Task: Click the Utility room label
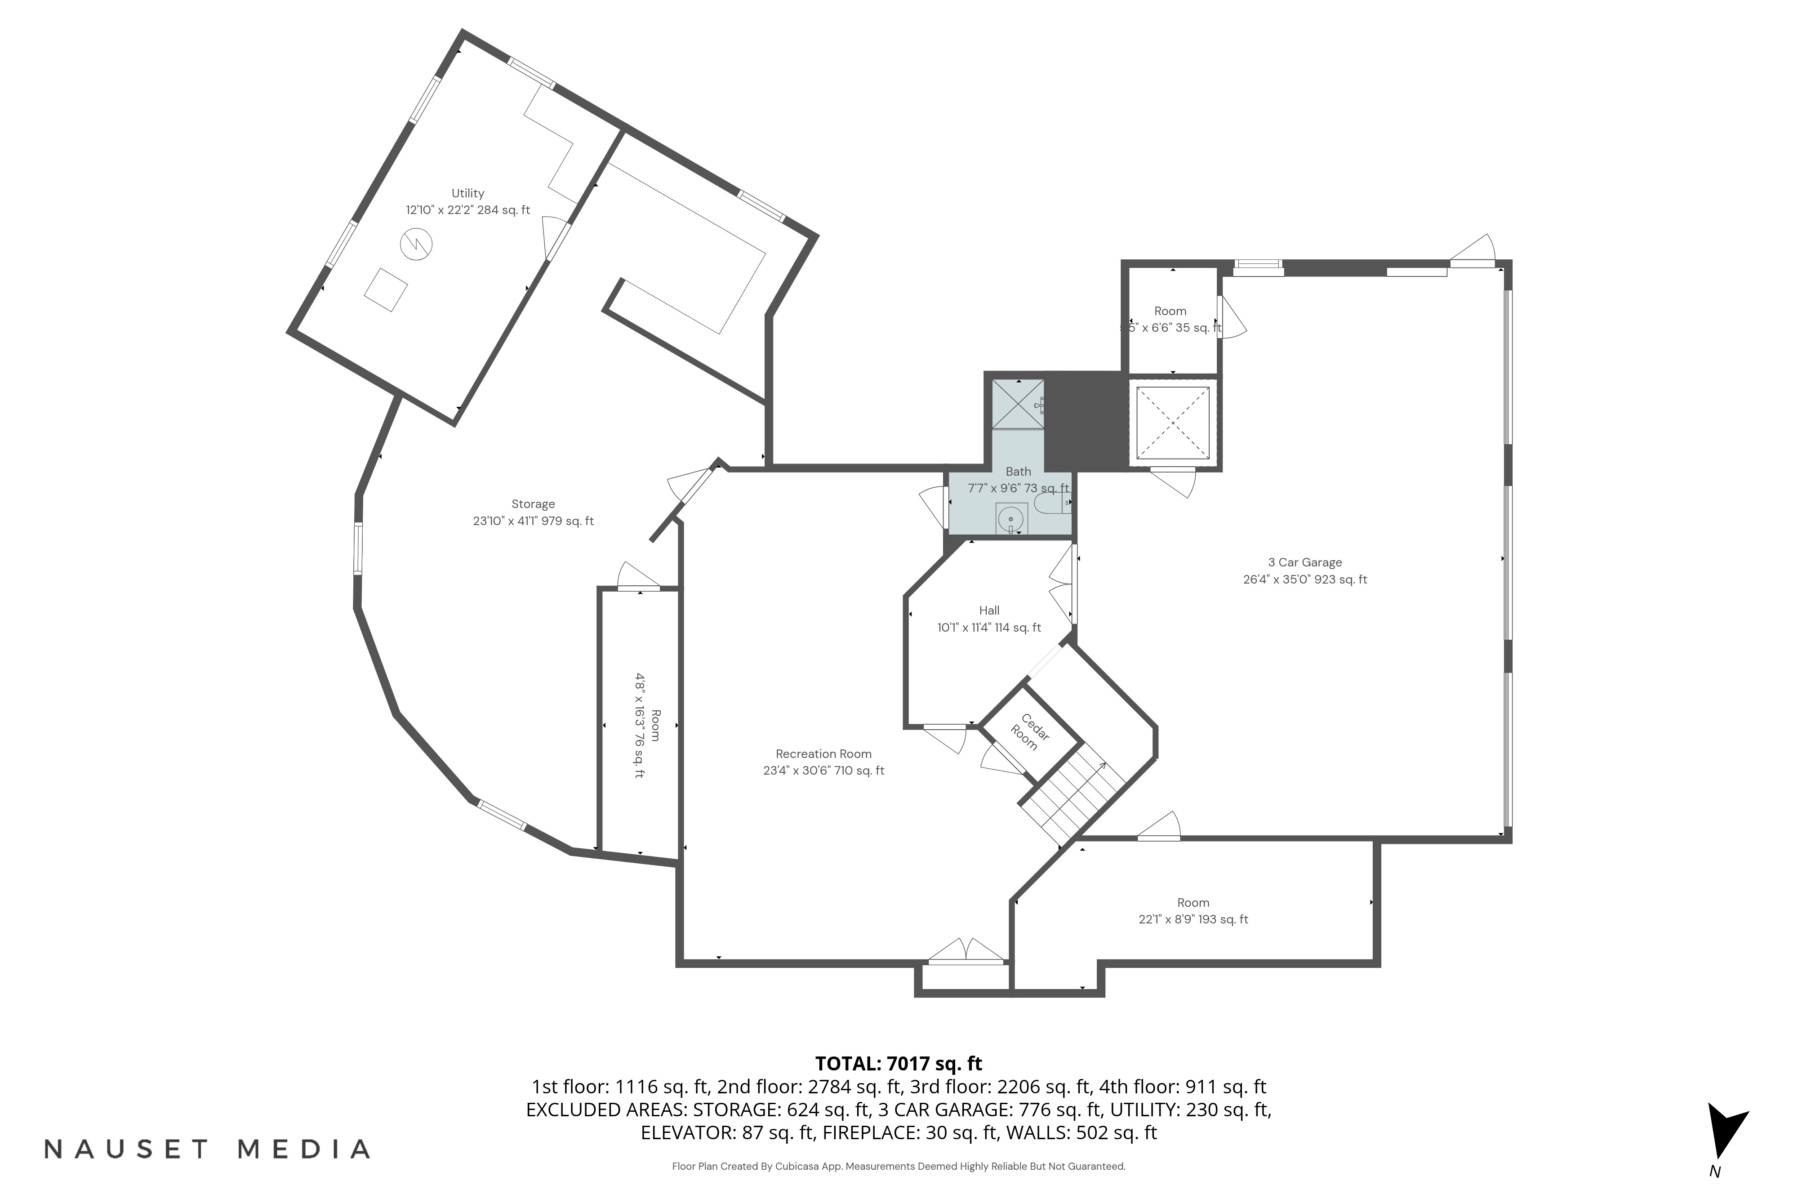pos(467,193)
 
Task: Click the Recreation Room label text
pos(823,754)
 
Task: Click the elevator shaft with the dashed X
pos(1172,423)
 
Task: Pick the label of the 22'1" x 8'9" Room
pos(1193,903)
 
